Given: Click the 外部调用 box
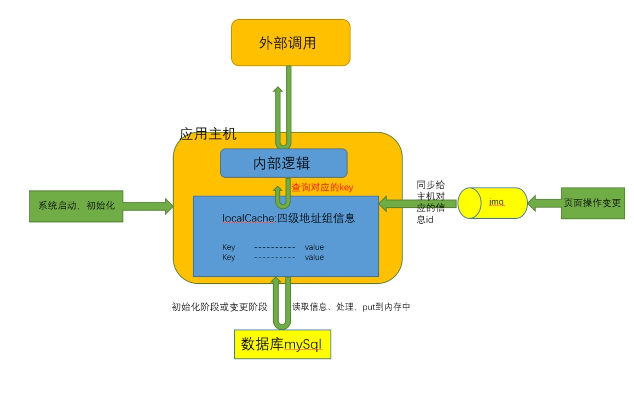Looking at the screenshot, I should (290, 43).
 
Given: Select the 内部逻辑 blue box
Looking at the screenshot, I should (284, 163).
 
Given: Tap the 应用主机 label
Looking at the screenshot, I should (208, 134).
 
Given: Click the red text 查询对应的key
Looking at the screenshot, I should (322, 188).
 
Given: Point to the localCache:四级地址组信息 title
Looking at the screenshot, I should (289, 218).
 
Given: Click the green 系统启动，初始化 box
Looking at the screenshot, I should (76, 206).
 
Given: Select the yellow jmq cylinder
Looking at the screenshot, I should (492, 203).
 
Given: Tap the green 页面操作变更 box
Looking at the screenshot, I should (593, 203).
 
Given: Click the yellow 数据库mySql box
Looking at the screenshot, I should (283, 344).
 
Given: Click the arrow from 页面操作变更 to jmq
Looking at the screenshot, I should (544, 203).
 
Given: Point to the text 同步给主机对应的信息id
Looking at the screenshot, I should (430, 202).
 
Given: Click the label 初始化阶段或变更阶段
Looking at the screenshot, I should (220, 307).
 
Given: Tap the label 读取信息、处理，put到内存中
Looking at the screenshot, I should (351, 307).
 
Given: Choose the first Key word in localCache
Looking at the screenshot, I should (228, 247).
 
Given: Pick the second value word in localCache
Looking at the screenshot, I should (314, 257).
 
